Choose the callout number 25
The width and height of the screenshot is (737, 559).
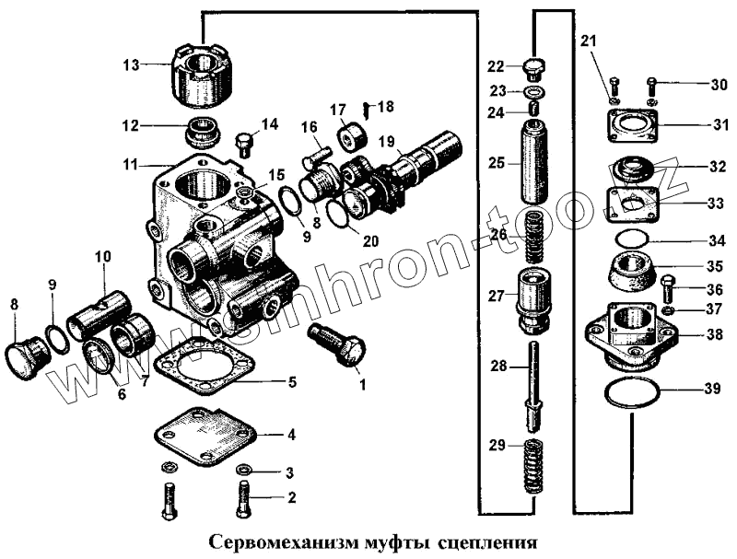coord(497,163)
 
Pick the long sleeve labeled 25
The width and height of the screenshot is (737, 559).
coord(535,169)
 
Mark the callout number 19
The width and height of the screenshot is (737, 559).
coord(385,141)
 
